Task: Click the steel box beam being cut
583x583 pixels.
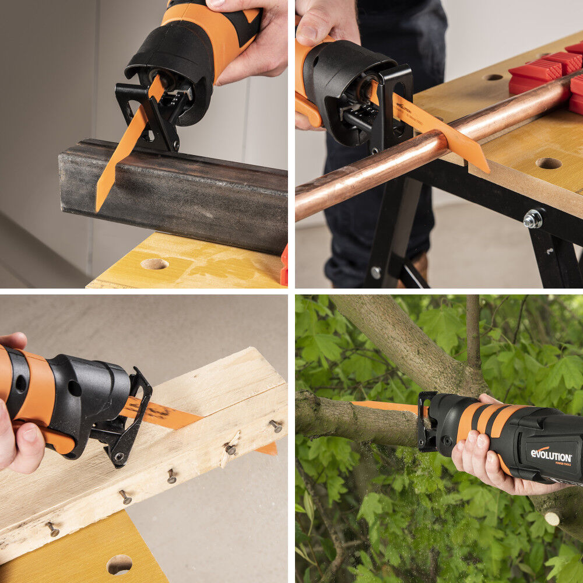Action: click(x=192, y=192)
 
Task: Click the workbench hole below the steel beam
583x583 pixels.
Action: click(x=154, y=264)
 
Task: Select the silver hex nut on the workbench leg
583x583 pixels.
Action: click(x=532, y=219)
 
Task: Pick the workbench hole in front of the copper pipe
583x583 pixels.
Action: click(x=548, y=163)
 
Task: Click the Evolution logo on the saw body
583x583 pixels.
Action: click(x=551, y=455)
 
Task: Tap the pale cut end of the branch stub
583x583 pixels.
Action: click(x=552, y=518)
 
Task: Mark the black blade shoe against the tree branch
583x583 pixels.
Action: click(x=426, y=420)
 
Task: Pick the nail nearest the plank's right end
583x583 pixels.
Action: click(x=276, y=426)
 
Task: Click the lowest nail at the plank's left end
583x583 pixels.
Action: click(x=52, y=529)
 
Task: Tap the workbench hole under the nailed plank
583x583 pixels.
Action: click(x=120, y=564)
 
